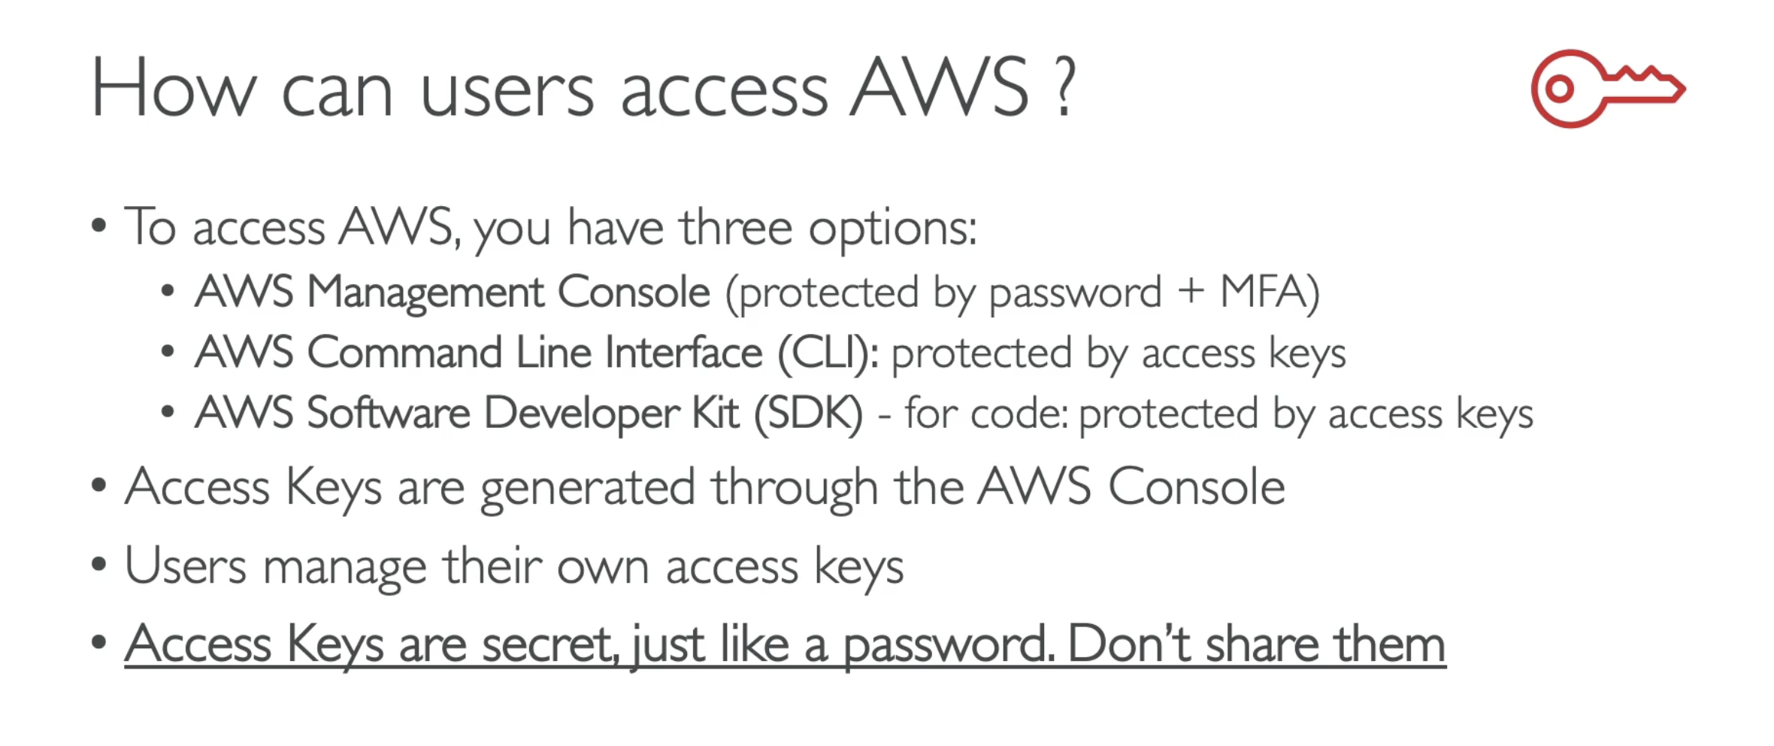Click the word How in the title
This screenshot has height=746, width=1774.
[174, 89]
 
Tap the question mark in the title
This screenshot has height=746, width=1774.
[1064, 88]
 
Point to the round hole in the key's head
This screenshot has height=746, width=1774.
[1560, 89]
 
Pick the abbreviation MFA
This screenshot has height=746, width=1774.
[1263, 291]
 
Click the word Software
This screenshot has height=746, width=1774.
[389, 413]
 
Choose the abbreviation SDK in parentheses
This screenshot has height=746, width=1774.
[808, 414]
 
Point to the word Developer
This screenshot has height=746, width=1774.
[582, 414]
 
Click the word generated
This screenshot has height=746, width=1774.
[588, 488]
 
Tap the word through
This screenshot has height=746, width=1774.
[795, 487]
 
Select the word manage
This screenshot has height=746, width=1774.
[344, 567]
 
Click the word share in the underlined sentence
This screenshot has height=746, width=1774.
[1262, 644]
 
